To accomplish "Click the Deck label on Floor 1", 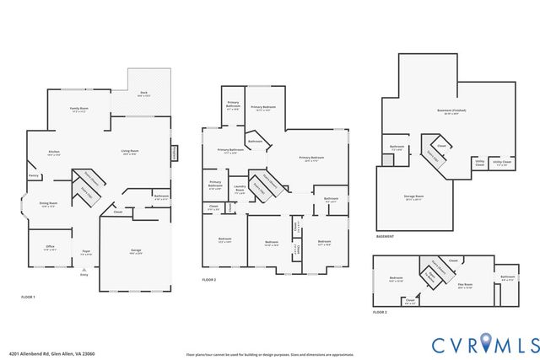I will (143, 94).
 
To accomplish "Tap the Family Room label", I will (79, 110).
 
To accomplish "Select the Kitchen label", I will (54, 153).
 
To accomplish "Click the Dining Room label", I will (49, 204).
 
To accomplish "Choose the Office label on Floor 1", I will (51, 247).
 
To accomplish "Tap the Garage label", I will (135, 250).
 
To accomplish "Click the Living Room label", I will (130, 152).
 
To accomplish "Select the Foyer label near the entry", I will (85, 251).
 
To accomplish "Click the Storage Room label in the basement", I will (413, 197).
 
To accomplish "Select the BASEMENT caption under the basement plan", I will (386, 237).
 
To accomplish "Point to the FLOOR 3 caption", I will (381, 313).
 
